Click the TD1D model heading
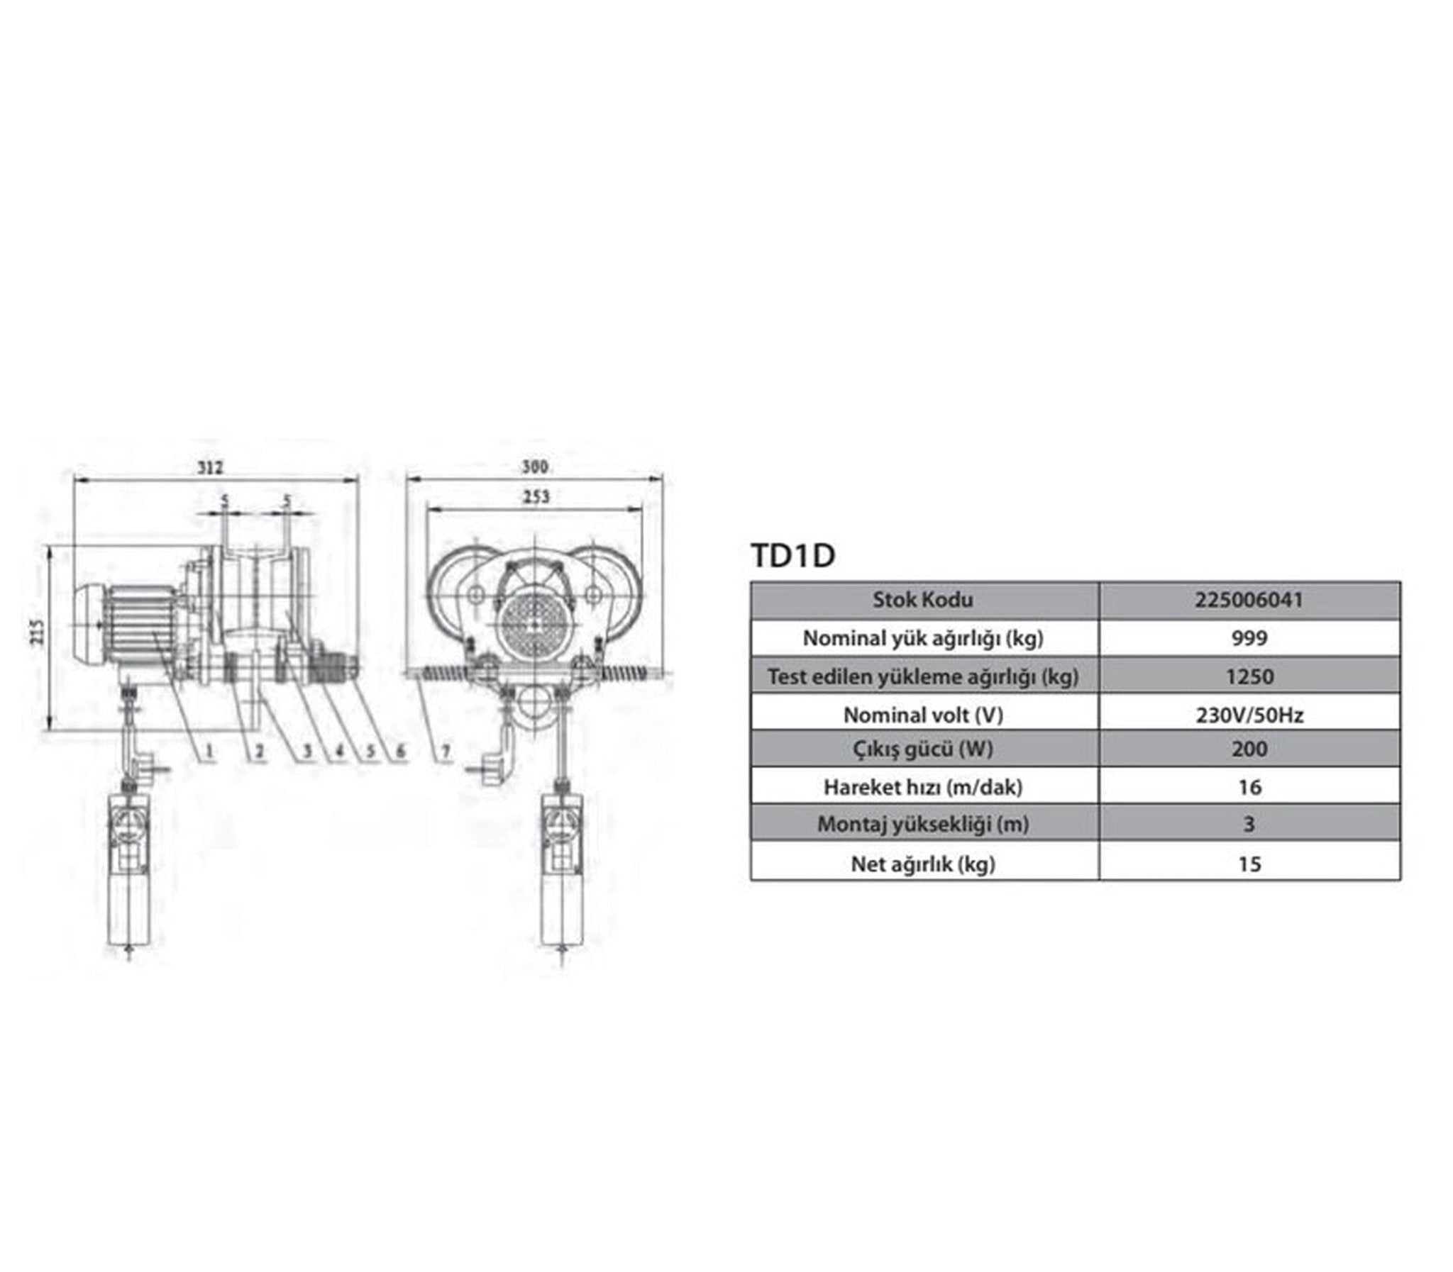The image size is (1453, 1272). (792, 556)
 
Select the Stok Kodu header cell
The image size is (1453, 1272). (922, 600)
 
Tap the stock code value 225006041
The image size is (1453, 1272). (1249, 600)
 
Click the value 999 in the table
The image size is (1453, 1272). (1249, 638)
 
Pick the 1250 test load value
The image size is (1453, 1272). (1249, 676)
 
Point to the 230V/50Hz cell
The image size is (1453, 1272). (1249, 715)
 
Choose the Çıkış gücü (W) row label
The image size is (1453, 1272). (923, 749)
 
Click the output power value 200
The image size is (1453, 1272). (1249, 749)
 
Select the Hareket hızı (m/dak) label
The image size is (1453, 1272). (923, 787)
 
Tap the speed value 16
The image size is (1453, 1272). (1249, 787)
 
